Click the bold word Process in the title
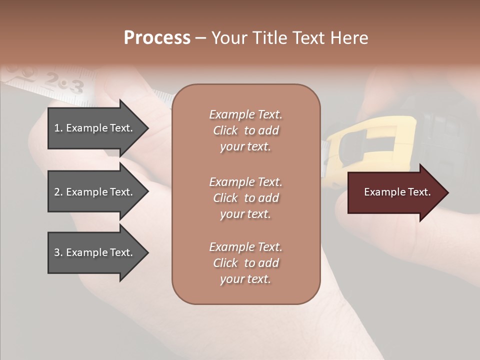pos(157,38)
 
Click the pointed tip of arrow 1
pos(147,128)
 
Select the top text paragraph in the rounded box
pos(245,130)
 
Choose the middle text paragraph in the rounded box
pos(245,198)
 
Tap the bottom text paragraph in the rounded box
pos(245,263)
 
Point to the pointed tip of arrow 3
pos(147,252)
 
